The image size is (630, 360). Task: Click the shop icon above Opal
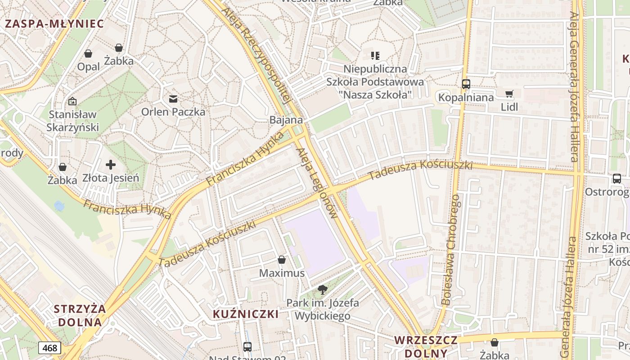pyautogui.click(x=88, y=54)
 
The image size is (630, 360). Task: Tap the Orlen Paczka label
pyautogui.click(x=173, y=112)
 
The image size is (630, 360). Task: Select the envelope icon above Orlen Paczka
pyautogui.click(x=173, y=99)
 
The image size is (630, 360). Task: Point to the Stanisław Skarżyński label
pyautogui.click(x=72, y=121)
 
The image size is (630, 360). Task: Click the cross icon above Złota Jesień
pyautogui.click(x=111, y=165)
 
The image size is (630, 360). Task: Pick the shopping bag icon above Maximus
pyautogui.click(x=282, y=260)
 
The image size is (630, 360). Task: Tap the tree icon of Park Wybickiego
pyautogui.click(x=322, y=290)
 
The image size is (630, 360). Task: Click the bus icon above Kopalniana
pyautogui.click(x=466, y=84)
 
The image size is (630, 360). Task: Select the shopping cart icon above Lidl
pyautogui.click(x=509, y=94)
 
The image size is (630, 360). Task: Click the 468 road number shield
pyautogui.click(x=49, y=348)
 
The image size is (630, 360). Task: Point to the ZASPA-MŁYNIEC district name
pyautogui.click(x=54, y=24)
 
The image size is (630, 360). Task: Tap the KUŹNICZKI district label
pyautogui.click(x=246, y=314)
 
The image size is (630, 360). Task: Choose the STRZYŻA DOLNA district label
pyautogui.click(x=80, y=315)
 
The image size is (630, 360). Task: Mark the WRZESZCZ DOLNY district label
pyautogui.click(x=426, y=346)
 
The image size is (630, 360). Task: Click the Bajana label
pyautogui.click(x=286, y=120)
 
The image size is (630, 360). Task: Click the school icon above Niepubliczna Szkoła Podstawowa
pyautogui.click(x=375, y=56)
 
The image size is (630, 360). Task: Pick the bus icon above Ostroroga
pyautogui.click(x=617, y=179)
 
